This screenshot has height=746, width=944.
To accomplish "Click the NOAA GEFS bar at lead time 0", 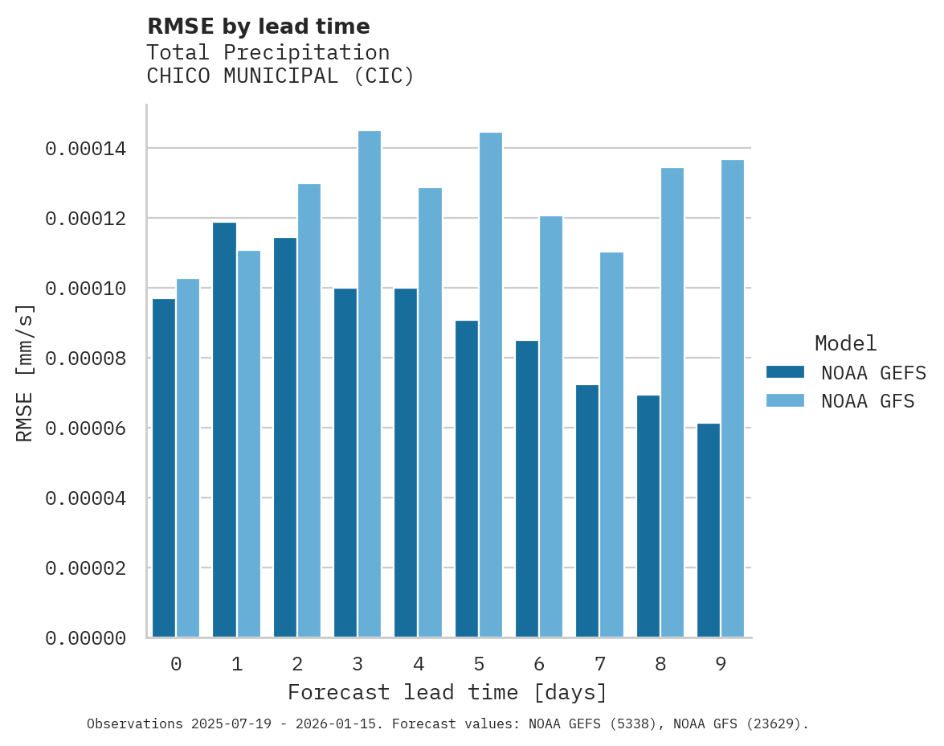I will point(164,468).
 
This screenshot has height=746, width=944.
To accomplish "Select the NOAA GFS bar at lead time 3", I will point(370,384).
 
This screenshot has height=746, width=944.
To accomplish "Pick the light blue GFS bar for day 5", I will point(491,385).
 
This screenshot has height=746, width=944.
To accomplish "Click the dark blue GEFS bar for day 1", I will point(224,430).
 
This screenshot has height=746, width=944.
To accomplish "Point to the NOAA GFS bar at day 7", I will point(611,445).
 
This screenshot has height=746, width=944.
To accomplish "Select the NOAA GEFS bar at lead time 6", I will point(527,489).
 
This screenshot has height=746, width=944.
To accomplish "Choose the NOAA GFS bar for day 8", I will point(672,403).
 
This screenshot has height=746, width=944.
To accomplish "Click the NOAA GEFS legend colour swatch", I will point(785,372).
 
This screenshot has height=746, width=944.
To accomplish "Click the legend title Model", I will point(845,343).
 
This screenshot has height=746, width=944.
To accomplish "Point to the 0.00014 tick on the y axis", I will point(85,149).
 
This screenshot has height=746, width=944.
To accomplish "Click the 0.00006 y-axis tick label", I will point(85,428).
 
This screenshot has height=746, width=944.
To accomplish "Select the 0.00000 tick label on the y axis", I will point(85,638).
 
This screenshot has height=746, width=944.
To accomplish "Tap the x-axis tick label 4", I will point(418,664).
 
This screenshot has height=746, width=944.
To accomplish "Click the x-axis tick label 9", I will point(721,664).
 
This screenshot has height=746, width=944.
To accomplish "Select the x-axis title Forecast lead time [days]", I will point(447,692).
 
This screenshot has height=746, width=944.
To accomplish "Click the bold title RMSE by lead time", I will point(258,27).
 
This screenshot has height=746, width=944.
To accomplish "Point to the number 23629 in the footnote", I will point(770,724).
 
